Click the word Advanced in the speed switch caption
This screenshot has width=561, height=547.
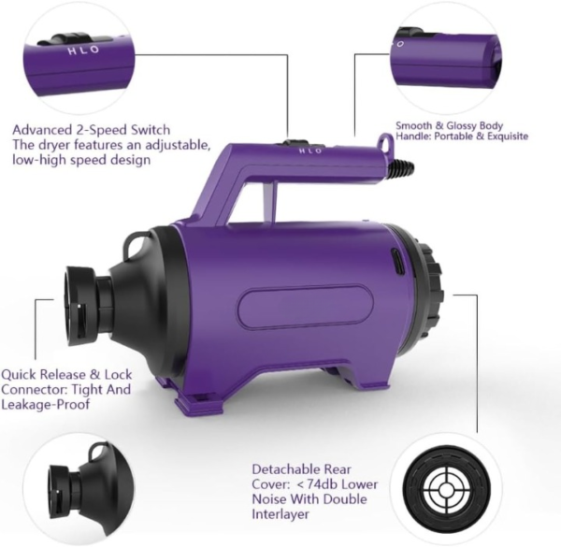tap(42, 130)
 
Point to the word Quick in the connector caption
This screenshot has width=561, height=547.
tap(19, 375)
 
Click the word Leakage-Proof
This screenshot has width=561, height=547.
tap(46, 405)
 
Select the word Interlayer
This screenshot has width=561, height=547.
tap(280, 514)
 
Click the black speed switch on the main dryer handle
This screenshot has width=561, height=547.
tap(296, 143)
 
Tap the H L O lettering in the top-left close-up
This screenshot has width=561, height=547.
tap(83, 50)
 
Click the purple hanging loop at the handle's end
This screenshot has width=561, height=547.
tap(385, 141)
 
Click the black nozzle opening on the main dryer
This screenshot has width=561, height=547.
tap(79, 305)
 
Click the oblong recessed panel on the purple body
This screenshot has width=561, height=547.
tap(305, 307)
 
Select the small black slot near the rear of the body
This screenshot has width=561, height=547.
tap(396, 264)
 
